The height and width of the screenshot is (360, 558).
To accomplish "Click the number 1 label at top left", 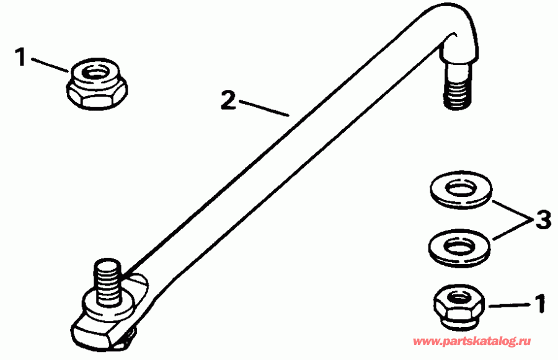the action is (21, 58).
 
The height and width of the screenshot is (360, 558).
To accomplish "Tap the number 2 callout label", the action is (228, 100).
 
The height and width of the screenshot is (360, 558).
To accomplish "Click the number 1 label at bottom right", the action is (540, 304).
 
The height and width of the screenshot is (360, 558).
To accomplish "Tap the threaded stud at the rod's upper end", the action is (456, 89).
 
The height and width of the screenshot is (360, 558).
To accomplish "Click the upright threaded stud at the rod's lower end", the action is (107, 282).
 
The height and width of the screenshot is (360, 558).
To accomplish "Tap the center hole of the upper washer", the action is (461, 189).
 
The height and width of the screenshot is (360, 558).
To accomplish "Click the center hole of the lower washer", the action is (458, 246).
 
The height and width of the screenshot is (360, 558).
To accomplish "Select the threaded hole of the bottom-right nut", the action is (458, 295).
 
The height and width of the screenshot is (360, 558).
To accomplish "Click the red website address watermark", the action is (472, 341).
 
